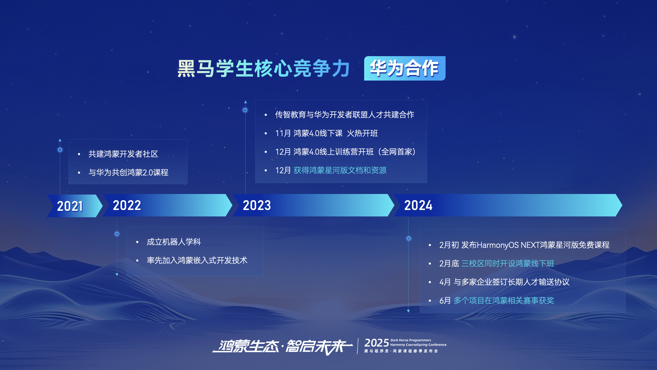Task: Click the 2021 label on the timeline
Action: pos(70,206)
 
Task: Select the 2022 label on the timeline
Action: pos(127,205)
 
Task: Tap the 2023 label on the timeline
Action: pos(257,205)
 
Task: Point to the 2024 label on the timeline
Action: pos(418,205)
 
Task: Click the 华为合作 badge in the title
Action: pos(405,68)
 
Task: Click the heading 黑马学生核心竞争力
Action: pos(264,68)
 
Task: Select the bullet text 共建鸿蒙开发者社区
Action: pos(123,154)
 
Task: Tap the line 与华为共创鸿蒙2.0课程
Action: pos(128,172)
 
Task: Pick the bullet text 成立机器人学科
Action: pos(174,242)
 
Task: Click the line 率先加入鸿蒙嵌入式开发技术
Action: pos(197,260)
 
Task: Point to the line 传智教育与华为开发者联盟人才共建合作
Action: pos(345,115)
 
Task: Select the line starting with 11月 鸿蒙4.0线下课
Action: pos(327,133)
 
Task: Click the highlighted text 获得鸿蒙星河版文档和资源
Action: pos(340,170)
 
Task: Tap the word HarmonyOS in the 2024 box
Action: pos(498,245)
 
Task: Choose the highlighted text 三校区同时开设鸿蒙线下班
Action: pos(508,263)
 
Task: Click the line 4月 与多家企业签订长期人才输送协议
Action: pos(504,282)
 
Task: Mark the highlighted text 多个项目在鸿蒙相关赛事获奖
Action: pos(504,300)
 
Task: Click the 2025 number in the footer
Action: pos(377,343)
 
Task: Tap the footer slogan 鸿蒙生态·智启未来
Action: pos(282,346)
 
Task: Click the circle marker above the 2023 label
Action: pos(245,110)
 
